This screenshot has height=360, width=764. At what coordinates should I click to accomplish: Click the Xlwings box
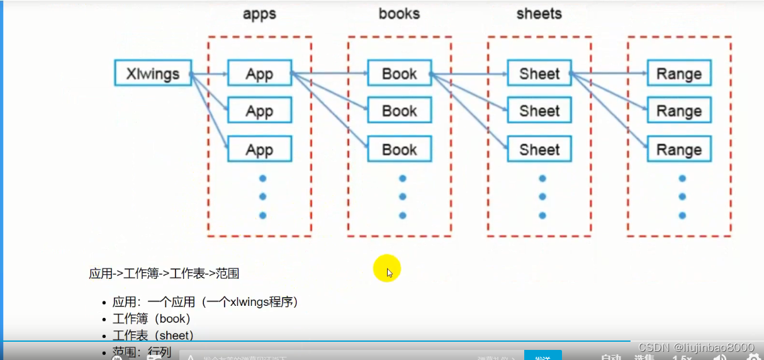point(152,73)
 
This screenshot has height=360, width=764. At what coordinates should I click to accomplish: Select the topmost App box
point(259,73)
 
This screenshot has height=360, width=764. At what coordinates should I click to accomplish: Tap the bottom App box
point(259,150)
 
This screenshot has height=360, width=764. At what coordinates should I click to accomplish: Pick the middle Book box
point(400,111)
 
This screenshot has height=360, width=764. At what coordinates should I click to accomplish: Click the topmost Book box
point(400,73)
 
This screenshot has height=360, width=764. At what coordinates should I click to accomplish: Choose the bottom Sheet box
point(539,150)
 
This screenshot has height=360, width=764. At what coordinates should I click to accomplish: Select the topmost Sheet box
point(539,73)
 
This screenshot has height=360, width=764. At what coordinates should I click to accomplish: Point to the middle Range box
point(679,111)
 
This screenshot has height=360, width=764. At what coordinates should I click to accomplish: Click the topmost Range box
point(679,73)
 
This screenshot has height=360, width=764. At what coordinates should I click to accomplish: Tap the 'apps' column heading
point(259,14)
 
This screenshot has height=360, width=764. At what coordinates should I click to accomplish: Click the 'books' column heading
point(399,14)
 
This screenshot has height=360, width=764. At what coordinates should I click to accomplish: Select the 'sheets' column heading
point(539,14)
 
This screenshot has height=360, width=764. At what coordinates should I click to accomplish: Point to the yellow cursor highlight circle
point(386,269)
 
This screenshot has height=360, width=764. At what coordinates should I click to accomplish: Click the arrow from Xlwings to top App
point(209,74)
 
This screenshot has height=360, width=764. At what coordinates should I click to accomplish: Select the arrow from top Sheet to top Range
point(609,74)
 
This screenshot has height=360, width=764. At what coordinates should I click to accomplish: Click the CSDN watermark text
point(695,347)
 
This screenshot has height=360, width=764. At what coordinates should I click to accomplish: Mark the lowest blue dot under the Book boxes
point(403,215)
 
